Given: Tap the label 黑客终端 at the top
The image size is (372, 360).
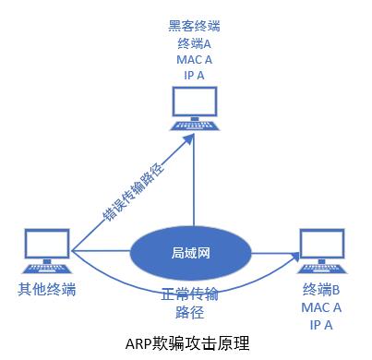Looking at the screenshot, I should coord(195,25).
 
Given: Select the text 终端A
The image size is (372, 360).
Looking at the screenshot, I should coord(195,42).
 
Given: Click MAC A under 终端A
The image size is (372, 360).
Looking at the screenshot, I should coord(195,59).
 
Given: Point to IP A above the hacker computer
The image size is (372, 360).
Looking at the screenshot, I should coord(195,76).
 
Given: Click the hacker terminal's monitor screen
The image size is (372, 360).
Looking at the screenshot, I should coord(195,102).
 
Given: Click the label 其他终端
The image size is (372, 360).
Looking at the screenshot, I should coord(46,290).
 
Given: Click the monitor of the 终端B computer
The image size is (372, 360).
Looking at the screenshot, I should coord(324,243).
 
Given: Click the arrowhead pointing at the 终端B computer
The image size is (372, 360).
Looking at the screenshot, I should coord(297,252).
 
